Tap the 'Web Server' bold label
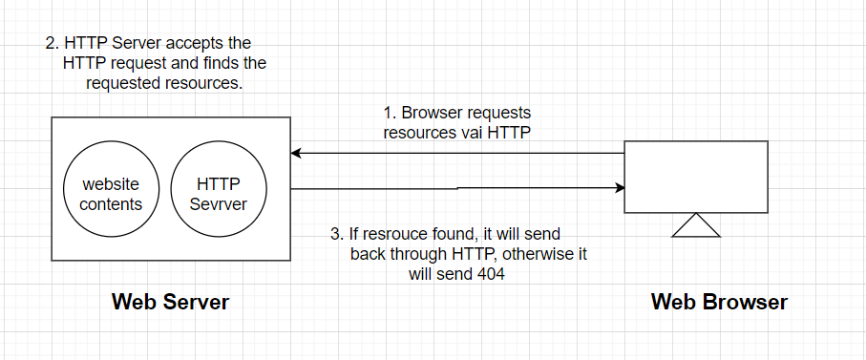pos(170,303)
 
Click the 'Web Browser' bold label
pos(719,303)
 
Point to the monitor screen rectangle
pos(695,177)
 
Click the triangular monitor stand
pos(695,225)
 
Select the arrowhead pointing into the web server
pos(297,153)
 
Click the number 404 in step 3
pos(489,274)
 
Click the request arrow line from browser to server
pos(458,153)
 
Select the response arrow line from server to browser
pos(458,189)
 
